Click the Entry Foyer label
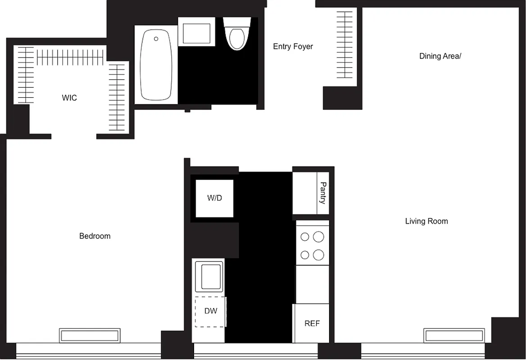(x=293, y=46)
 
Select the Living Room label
(x=426, y=221)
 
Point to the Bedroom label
(x=95, y=236)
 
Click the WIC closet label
(x=69, y=98)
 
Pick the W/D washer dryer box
(x=214, y=198)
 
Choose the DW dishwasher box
(x=210, y=311)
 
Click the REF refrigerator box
(x=312, y=324)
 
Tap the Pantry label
(x=323, y=193)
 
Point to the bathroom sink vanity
(x=196, y=31)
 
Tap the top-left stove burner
(x=305, y=237)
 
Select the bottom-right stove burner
(x=318, y=255)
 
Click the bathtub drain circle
(x=156, y=39)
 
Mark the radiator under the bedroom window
(x=90, y=335)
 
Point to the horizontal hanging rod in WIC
(x=70, y=57)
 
